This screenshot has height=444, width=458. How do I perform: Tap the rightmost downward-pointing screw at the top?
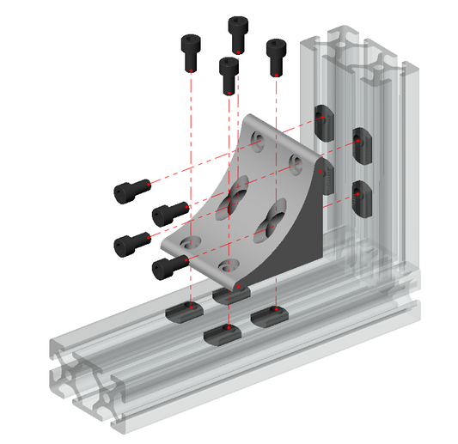click(275, 57)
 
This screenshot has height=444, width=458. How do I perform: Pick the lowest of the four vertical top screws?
click(228, 75)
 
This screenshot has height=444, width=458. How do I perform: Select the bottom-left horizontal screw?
click(130, 244)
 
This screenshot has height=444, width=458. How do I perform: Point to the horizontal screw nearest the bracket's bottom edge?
click(168, 267)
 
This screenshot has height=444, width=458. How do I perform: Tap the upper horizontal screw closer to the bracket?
click(169, 211)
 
